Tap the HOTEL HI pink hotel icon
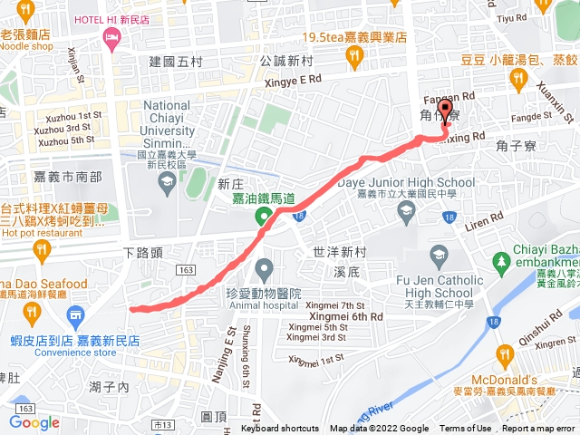[112, 38]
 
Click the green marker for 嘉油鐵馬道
[263, 216]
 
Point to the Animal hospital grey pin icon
[264, 267]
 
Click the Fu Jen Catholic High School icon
[440, 255]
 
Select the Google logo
[34, 422]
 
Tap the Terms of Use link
[465, 429]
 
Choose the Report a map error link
[539, 429]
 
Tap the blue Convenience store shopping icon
[75, 314]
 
